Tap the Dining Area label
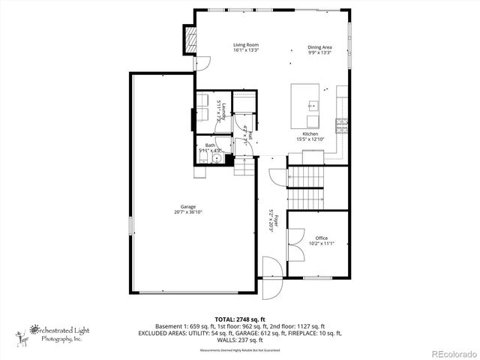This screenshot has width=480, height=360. (319, 47)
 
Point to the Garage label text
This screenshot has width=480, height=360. (187, 206)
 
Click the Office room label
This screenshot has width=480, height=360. (321, 238)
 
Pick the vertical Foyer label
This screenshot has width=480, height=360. (275, 222)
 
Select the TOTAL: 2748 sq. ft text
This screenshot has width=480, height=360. (240, 319)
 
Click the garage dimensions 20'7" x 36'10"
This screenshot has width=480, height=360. (187, 212)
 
